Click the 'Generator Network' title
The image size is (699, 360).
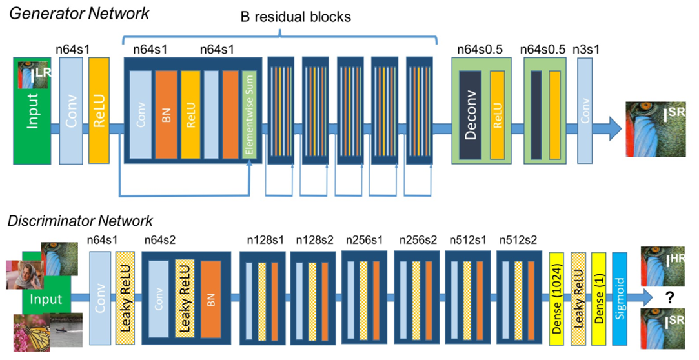click(x=79, y=13)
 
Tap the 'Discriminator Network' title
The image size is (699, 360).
click(x=80, y=221)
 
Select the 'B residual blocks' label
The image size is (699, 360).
click(x=296, y=17)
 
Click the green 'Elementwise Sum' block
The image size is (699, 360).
click(x=249, y=114)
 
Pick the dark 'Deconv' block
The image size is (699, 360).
click(x=471, y=114)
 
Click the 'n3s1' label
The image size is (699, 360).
click(x=586, y=49)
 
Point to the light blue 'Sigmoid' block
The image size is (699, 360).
click(x=620, y=299)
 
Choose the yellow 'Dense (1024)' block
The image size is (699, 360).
click(x=556, y=299)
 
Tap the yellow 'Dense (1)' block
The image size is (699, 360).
click(x=599, y=299)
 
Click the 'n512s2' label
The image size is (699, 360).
click(x=518, y=240)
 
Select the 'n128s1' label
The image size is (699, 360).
click(x=265, y=240)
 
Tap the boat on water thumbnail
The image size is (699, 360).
click(x=66, y=330)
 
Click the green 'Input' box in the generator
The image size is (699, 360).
click(x=32, y=110)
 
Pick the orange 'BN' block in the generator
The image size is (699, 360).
click(x=167, y=114)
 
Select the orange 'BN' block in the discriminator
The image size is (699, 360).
click(x=211, y=299)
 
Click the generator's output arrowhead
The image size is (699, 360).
click(x=614, y=128)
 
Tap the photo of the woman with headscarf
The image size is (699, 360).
click(x=25, y=274)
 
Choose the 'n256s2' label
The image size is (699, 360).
click(x=418, y=240)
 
